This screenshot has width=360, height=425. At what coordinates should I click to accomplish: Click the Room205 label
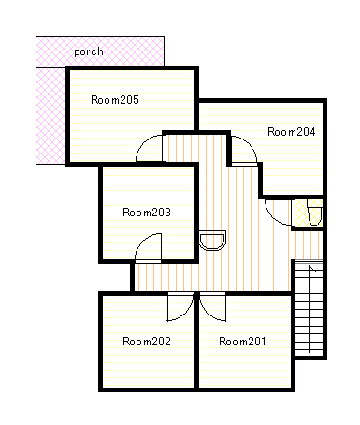pos(115,100)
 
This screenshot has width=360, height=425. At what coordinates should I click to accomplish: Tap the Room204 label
pos(292,132)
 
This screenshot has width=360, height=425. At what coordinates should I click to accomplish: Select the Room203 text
pos(147,212)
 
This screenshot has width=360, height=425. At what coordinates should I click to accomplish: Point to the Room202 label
pos(147,342)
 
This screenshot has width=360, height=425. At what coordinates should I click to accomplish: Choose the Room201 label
pos(242,342)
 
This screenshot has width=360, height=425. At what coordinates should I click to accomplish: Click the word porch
pos(89,51)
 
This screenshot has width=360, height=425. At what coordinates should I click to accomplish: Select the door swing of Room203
pos(143,241)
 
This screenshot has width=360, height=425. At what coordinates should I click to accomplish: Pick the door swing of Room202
pos(186,313)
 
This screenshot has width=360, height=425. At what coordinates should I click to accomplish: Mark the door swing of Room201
pos(207,313)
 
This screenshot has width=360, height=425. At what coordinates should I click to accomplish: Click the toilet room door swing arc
pos(272,217)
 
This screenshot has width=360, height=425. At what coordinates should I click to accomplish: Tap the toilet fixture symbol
pos(314,212)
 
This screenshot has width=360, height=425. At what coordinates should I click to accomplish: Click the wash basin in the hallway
pos(212,241)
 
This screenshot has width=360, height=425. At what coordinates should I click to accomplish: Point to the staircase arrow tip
pos(310,266)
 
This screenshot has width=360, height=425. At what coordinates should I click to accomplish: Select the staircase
pos(309,308)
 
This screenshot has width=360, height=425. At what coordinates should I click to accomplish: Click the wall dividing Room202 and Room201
pos(196,341)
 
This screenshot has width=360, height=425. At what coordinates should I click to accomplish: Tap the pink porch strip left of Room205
pos(50,115)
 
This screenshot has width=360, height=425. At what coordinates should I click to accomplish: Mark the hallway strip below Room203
pos(166,277)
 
